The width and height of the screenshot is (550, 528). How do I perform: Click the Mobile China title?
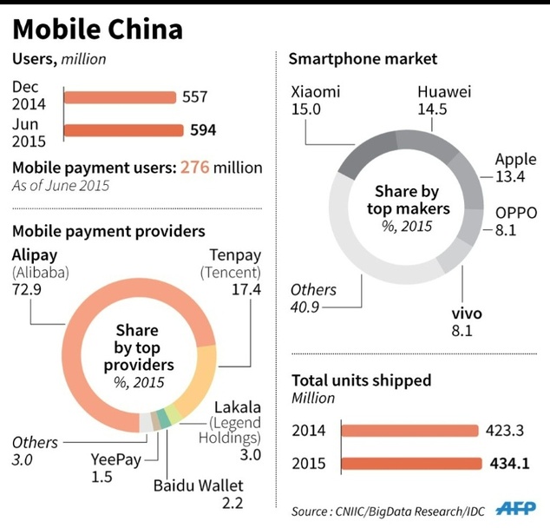tap(97, 30)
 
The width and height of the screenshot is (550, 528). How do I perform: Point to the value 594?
tap(202, 132)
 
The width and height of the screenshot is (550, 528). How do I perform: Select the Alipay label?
tap(36, 255)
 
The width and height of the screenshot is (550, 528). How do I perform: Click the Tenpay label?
tap(234, 255)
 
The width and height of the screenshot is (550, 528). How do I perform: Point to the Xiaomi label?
tap(315, 91)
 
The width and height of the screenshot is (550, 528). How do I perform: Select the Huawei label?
tap(444, 91)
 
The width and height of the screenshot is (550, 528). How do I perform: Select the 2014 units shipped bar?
tap(409, 429)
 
